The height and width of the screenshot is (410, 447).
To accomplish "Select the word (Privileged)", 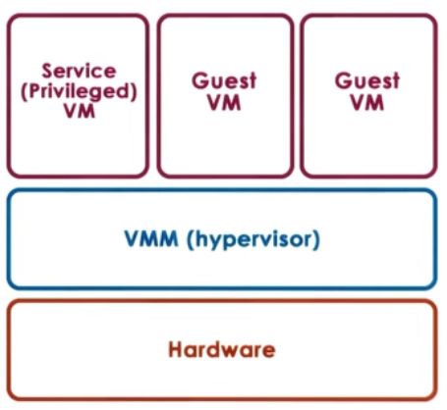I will tap(78, 90).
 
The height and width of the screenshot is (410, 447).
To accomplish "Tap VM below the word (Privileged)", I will tap(78, 112).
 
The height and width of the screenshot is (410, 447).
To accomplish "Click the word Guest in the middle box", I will tap(224, 81).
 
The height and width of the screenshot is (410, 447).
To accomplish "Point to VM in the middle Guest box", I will tap(224, 104).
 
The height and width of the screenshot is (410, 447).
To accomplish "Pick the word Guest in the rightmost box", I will tap(366, 81).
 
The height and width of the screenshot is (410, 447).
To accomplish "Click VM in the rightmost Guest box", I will tap(366, 104).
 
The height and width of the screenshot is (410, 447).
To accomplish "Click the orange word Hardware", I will tap(221, 349).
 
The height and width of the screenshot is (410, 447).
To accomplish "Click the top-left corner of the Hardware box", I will tap(10, 302).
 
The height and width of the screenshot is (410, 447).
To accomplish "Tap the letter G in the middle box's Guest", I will tap(197, 81).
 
